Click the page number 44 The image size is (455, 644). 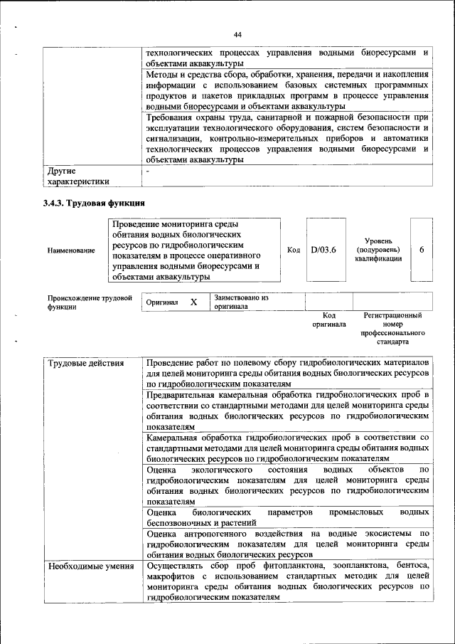pyautogui.click(x=238, y=34)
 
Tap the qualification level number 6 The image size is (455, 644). pyautogui.click(x=422, y=250)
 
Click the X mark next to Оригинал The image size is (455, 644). pyautogui.click(x=193, y=302)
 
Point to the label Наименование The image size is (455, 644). pyautogui.click(x=71, y=250)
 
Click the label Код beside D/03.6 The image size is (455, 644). pyautogui.click(x=294, y=250)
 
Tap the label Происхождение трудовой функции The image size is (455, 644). pyautogui.click(x=90, y=302)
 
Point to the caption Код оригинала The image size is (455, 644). pyautogui.click(x=328, y=320)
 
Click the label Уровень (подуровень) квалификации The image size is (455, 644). pyautogui.click(x=378, y=250)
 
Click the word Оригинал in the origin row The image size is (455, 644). pyautogui.click(x=161, y=302)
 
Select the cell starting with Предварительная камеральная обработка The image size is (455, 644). pyautogui.click(x=288, y=409)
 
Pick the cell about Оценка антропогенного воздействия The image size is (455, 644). pyautogui.click(x=288, y=543)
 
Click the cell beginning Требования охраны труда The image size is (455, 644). pyautogui.click(x=288, y=138)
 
